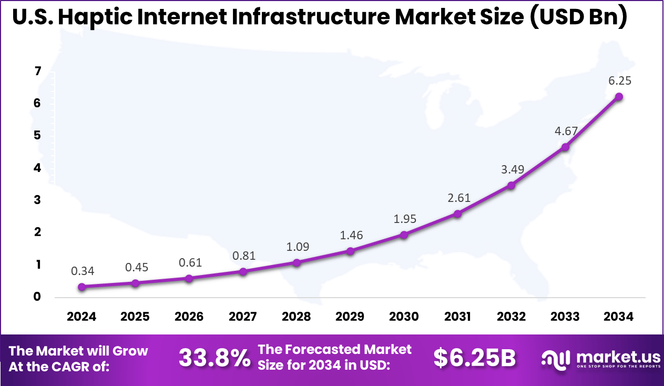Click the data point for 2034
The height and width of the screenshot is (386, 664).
[x=619, y=97]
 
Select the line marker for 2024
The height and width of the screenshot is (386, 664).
[x=81, y=287]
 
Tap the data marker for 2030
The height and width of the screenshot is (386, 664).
[x=404, y=235]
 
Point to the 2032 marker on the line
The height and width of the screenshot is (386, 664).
[x=511, y=185]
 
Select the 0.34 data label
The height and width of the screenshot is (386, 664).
[x=82, y=271]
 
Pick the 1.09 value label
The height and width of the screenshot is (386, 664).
[x=297, y=246]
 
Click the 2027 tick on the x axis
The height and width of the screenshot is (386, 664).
[x=243, y=317]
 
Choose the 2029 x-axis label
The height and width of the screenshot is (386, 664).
[x=350, y=317]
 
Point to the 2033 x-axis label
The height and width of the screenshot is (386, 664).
[x=565, y=317]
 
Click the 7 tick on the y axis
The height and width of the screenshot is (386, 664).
[x=37, y=72]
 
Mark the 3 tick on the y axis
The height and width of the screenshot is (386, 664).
[x=37, y=200]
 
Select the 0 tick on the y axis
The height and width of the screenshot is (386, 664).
[x=37, y=297]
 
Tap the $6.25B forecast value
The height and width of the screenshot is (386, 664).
[x=474, y=358]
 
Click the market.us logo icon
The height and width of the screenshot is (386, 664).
[x=556, y=359]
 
